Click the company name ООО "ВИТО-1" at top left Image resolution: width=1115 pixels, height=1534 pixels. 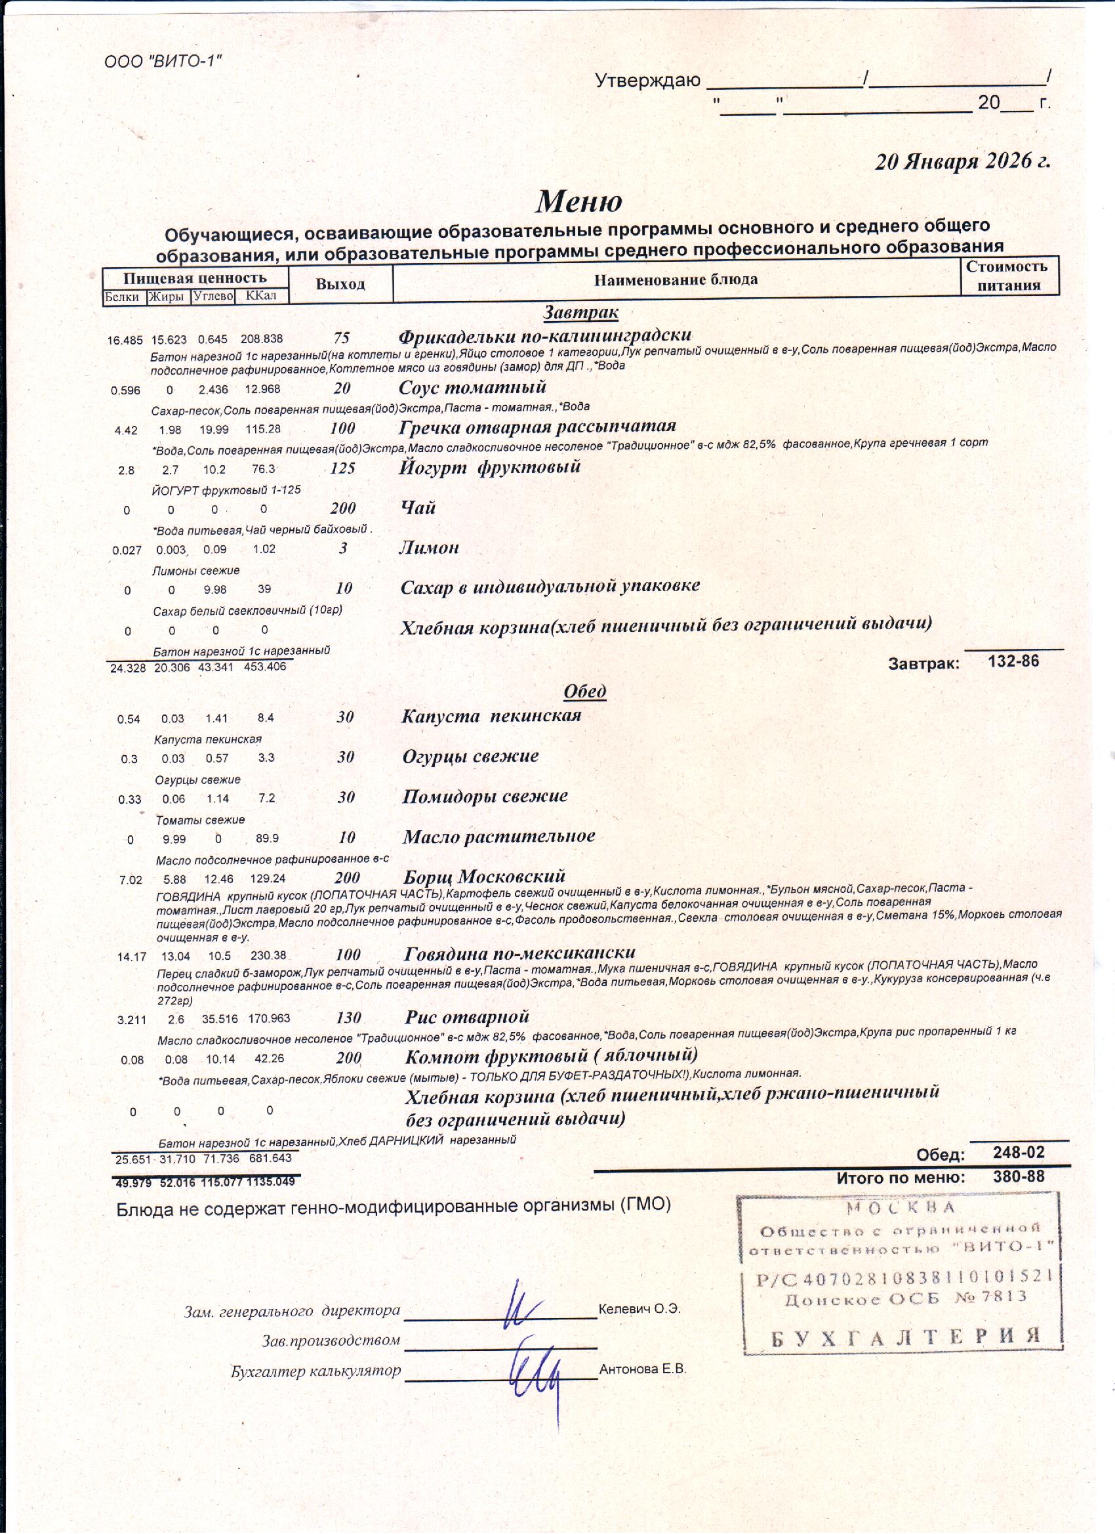tap(163, 62)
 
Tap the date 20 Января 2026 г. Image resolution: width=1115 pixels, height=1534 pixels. tap(962, 161)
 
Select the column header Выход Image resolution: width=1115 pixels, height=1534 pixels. tap(340, 284)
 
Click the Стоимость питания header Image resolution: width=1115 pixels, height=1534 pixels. tap(1008, 276)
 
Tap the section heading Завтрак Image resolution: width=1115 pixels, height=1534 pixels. tap(580, 312)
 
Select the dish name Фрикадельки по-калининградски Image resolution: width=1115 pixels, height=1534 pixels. tap(544, 335)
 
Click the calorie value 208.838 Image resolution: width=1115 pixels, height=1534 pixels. tap(262, 339)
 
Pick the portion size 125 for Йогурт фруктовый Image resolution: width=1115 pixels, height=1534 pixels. tap(342, 468)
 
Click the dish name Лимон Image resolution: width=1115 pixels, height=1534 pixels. tap(429, 547)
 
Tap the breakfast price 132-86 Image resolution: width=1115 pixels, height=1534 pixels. tap(1013, 661)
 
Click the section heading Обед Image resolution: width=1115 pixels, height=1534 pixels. tap(584, 692)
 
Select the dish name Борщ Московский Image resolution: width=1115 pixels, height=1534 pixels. tap(483, 877)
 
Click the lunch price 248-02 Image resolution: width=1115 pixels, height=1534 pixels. tap(1019, 1152)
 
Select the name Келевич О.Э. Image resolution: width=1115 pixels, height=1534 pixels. tap(639, 1309)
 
